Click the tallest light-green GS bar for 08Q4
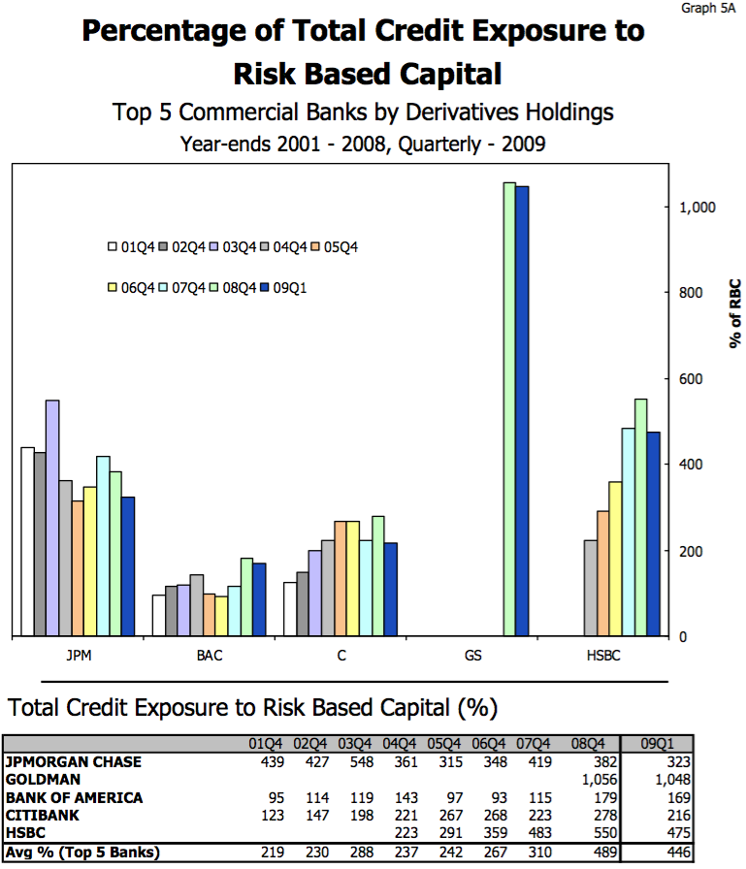(509, 409)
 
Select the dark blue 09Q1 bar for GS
(522, 410)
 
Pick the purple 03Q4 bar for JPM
(52, 518)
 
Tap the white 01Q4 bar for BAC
(158, 615)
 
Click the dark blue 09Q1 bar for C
(391, 589)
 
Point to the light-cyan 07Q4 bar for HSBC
(629, 532)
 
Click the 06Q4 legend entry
(131, 288)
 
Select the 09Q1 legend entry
(282, 288)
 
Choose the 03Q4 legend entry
(232, 246)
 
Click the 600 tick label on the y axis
(691, 379)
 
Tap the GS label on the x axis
(472, 656)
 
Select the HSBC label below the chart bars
(603, 656)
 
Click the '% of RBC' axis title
(735, 313)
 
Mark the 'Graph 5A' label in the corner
(708, 8)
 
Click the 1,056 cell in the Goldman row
(600, 780)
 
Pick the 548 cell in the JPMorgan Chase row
(362, 762)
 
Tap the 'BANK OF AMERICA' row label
(75, 797)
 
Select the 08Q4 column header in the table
(588, 744)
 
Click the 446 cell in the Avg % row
(678, 852)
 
